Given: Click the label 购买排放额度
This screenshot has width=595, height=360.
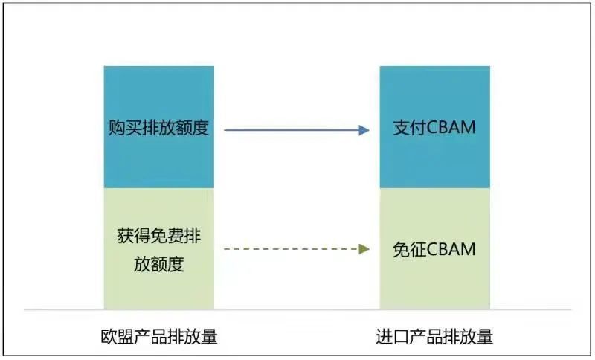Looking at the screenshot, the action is coord(159,128).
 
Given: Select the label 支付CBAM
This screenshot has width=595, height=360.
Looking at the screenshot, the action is coord(434,127).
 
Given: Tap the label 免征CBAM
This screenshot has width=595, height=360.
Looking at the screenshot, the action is coord(434,250).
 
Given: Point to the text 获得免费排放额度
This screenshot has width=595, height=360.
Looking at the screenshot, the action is coord(159,250).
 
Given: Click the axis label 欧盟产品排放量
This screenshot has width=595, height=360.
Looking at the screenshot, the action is coord(159,336).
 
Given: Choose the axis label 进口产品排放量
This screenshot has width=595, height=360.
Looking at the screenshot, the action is coord(434,336).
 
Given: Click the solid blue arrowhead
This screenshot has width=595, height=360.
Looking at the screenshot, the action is coord(364,130).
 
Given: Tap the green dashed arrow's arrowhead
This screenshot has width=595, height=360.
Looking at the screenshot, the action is coord(364,249).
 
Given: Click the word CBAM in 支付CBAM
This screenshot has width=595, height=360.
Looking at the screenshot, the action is coord(451,127).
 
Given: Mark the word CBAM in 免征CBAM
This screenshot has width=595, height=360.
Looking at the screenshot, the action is coord(451,250).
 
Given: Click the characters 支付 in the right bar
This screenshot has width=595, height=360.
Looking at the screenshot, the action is coord(410,128).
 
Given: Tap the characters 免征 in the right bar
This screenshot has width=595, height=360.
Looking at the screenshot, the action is coord(410,250).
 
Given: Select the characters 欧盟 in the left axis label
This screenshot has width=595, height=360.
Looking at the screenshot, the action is coord(118,336).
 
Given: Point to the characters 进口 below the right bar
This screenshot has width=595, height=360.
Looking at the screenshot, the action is coord(393,336).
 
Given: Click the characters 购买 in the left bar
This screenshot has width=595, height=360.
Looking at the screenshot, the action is coord(126,128).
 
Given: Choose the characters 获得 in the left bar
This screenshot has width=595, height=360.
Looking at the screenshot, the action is coord(134,236).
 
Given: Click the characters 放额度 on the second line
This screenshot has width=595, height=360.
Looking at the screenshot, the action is coord(159,264).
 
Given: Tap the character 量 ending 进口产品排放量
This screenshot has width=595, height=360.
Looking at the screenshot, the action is coord(485,336).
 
